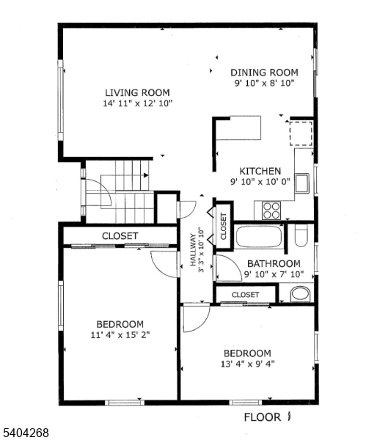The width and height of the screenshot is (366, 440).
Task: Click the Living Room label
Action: (x=137, y=92)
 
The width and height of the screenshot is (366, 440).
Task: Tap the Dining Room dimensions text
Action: (x=264, y=84)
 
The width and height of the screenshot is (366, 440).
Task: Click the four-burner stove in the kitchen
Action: (x=271, y=210)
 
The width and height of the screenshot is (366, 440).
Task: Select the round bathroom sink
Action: (x=300, y=295)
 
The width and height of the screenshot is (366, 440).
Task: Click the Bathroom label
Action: (x=273, y=263)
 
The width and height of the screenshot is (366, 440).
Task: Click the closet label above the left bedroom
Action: (x=120, y=235)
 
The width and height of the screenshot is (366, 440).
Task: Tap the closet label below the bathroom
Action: (x=245, y=294)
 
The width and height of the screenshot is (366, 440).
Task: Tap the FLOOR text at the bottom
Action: (x=263, y=417)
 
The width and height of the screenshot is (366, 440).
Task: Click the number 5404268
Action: (x=26, y=433)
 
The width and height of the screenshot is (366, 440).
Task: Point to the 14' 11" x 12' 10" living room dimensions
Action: (x=137, y=104)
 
